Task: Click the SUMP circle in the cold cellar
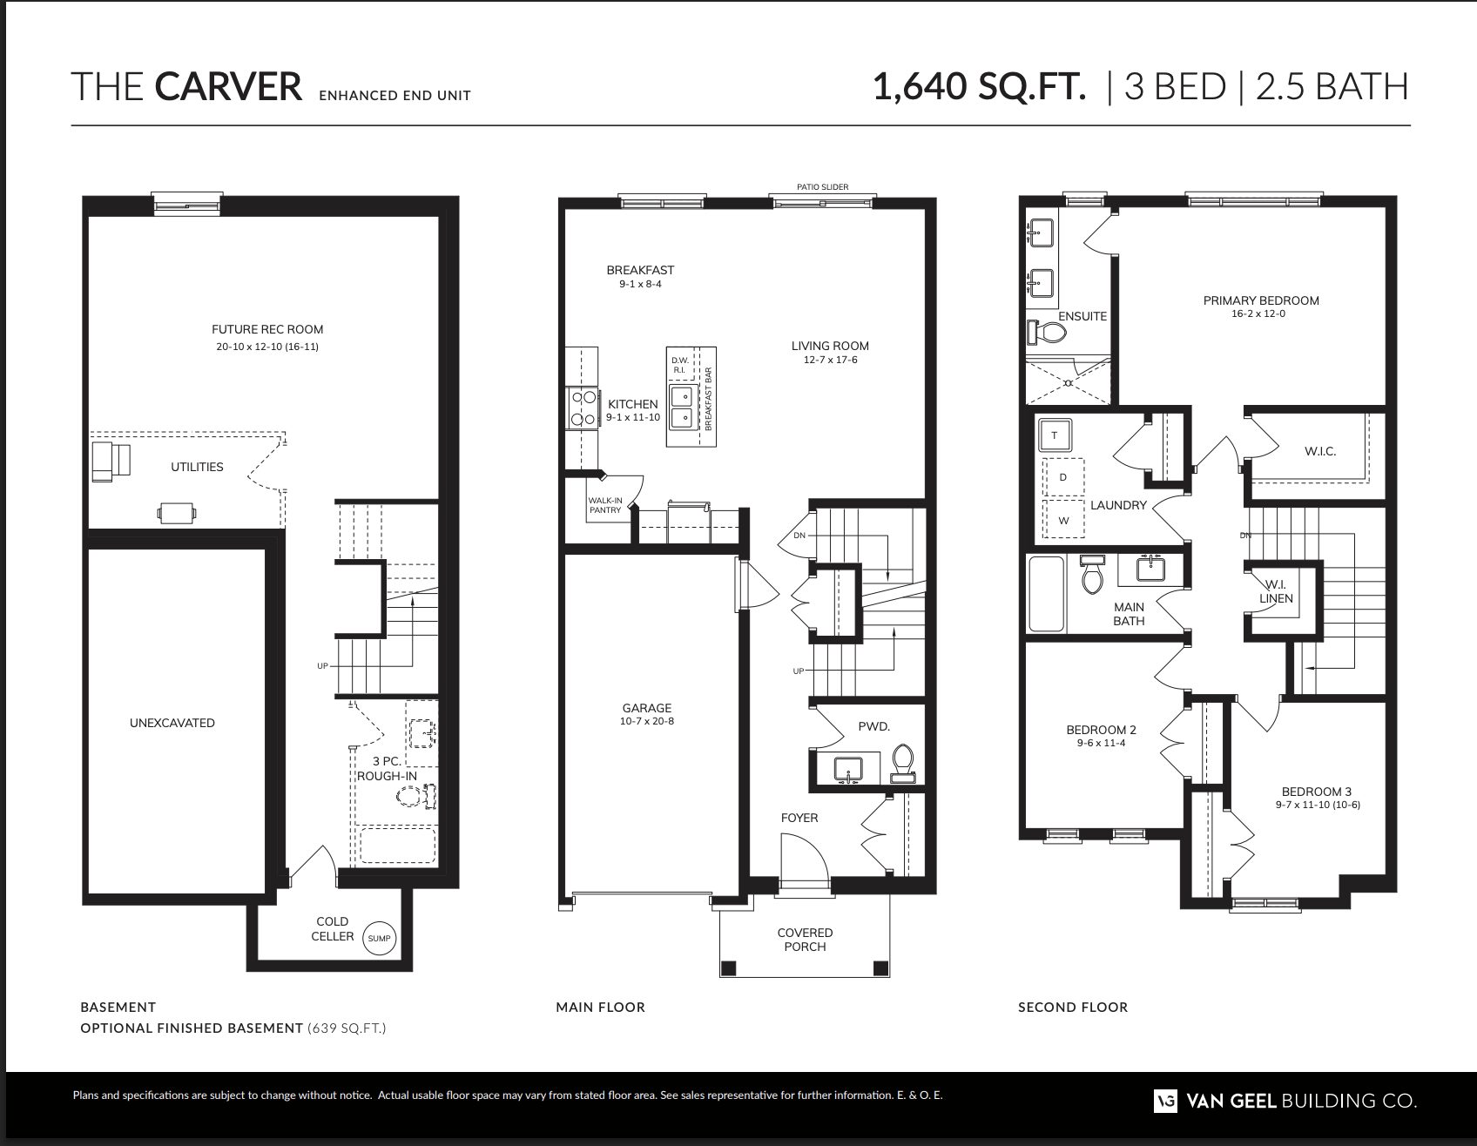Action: (379, 939)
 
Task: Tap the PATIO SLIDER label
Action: (822, 187)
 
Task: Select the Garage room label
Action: (646, 708)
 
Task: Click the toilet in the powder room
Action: (903, 763)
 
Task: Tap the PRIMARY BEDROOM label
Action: (1261, 300)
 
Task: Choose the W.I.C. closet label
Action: (1320, 451)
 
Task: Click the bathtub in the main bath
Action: (1047, 594)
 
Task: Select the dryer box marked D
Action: (1063, 477)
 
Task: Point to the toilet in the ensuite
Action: (1047, 333)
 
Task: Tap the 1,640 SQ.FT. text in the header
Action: (980, 87)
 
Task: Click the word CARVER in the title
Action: (228, 87)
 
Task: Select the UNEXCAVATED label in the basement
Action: (172, 723)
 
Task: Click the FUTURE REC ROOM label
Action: (267, 329)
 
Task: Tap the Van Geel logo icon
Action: (1166, 1101)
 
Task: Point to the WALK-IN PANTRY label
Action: (605, 505)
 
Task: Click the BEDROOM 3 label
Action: (1317, 792)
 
